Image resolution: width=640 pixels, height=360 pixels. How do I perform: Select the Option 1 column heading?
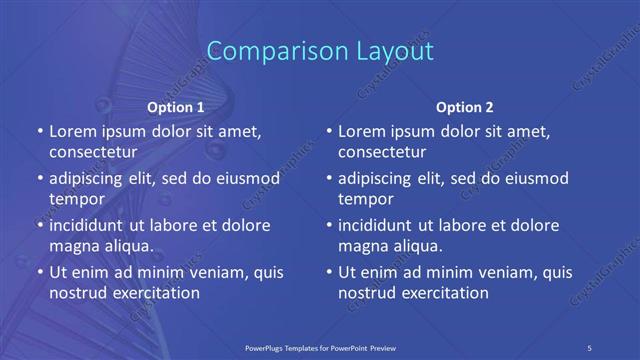(x=176, y=106)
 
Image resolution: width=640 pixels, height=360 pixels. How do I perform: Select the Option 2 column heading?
(x=465, y=106)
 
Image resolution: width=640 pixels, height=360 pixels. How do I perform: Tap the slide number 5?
(x=591, y=346)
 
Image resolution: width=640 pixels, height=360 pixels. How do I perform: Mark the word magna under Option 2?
(x=362, y=246)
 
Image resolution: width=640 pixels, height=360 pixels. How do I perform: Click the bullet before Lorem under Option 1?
(x=38, y=132)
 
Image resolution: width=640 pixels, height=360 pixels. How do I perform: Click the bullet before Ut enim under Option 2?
(x=327, y=272)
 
